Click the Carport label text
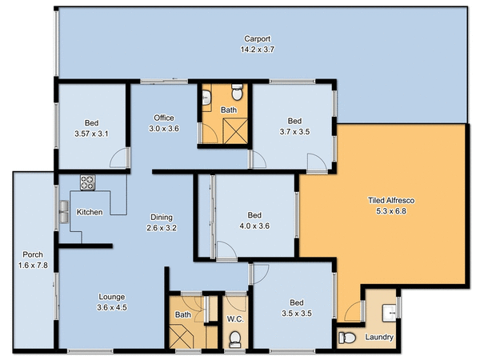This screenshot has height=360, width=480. [257, 38]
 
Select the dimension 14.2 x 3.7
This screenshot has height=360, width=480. [257, 49]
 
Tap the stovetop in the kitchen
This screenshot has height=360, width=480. [87, 182]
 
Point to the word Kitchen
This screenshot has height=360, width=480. [89, 212]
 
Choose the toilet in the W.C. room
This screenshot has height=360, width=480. [234, 340]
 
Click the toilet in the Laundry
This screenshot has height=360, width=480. [347, 337]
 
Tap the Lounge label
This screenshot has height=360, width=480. [111, 295]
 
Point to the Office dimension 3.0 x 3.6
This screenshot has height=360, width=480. [164, 129]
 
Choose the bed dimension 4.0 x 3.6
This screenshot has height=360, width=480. [254, 226]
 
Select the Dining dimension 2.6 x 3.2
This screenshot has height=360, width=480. [163, 227]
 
